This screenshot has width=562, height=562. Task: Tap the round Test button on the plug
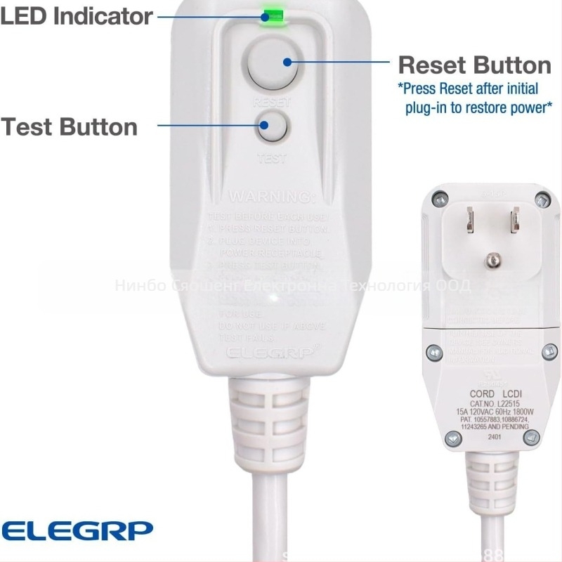271,127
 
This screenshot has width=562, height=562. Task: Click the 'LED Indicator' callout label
76,15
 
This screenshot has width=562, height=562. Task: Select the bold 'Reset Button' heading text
474,65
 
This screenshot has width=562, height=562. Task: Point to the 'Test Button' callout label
69,127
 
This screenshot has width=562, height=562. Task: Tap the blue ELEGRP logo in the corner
76,528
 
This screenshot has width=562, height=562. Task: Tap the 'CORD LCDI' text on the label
490,394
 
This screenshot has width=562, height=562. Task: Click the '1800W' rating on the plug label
524,412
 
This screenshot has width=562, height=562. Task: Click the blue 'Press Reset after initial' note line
469,89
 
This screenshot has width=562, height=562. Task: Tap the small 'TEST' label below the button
272,159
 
